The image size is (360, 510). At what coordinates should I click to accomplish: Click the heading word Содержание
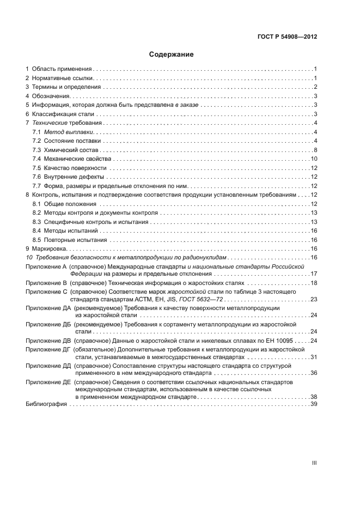172,54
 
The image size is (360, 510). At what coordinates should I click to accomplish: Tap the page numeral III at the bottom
314,463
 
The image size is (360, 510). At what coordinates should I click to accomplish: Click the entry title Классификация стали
63,114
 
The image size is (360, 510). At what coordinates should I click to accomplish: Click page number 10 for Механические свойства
314,159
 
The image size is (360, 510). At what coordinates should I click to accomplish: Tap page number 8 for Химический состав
315,150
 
